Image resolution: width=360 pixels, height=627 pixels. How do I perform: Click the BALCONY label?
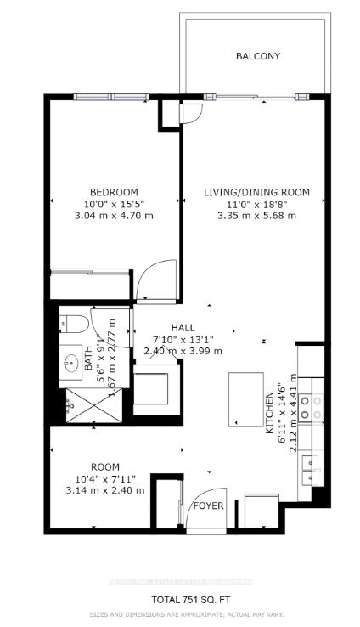[x=258, y=57]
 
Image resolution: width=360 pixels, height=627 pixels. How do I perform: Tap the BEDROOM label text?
[x=114, y=193]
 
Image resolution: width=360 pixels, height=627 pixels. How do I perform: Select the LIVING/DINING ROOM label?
[x=256, y=193]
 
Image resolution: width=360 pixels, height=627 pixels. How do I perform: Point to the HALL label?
[x=183, y=326]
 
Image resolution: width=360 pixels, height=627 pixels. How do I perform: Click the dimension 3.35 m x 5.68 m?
[x=256, y=216]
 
